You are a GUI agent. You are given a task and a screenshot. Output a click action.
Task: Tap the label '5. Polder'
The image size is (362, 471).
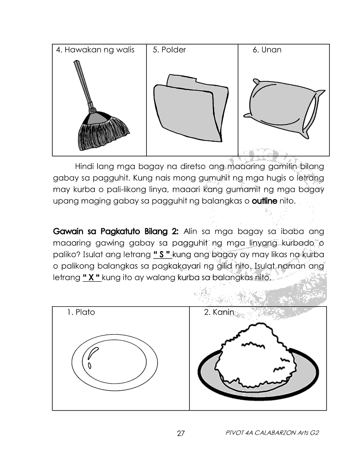169,50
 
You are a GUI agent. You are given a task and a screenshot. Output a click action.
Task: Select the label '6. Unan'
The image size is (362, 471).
267,50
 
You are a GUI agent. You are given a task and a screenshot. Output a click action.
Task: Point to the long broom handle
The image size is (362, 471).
82,83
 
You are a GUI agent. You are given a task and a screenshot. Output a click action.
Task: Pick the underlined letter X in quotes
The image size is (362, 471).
92,278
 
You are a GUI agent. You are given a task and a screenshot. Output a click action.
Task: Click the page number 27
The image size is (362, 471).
181,434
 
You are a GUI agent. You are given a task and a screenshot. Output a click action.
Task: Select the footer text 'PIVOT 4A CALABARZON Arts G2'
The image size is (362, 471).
271,433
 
